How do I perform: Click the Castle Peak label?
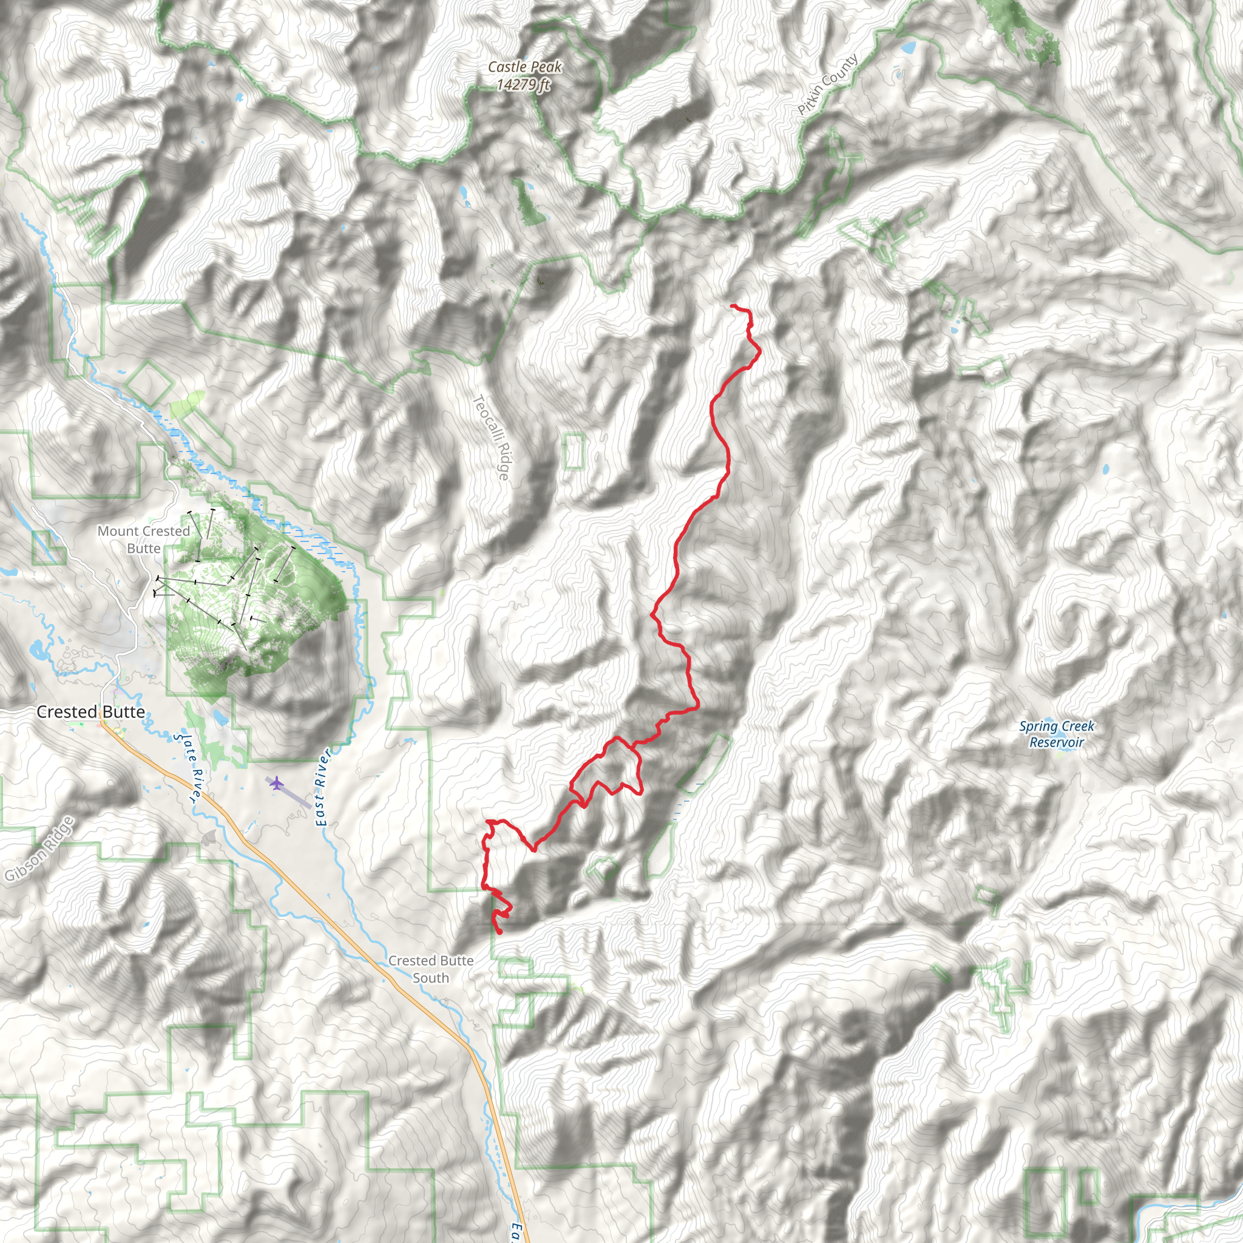(x=524, y=67)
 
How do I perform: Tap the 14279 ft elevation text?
(x=523, y=84)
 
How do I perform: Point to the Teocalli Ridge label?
(x=492, y=438)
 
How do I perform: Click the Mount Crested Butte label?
(x=143, y=539)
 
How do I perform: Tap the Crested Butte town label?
(x=90, y=711)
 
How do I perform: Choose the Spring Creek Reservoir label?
(x=1057, y=734)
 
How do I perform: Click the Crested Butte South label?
(x=430, y=969)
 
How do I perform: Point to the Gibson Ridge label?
(x=39, y=848)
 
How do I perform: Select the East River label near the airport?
(x=322, y=787)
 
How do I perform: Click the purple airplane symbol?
(x=276, y=783)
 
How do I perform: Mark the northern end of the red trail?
(x=733, y=306)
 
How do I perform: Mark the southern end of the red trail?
(x=500, y=932)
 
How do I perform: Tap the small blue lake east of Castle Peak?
(x=909, y=47)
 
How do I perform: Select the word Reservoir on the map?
(x=1057, y=742)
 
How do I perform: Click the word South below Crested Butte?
(x=430, y=978)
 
